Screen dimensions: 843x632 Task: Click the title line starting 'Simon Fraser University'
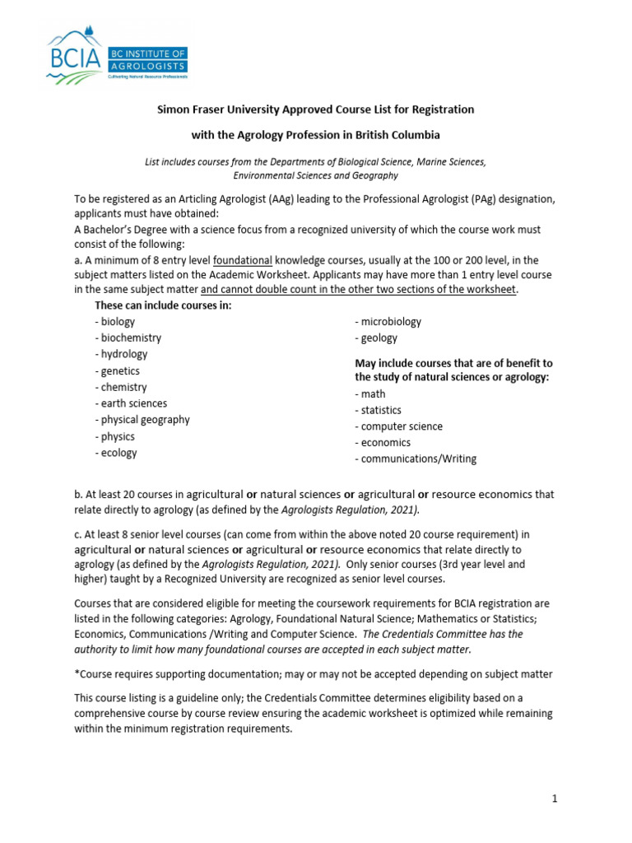315,109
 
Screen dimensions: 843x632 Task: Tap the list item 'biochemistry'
129,338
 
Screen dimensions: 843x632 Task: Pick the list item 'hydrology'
123,354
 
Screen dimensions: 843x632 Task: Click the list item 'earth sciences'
132,403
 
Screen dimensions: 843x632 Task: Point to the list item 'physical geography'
142,420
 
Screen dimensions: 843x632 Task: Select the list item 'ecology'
117,453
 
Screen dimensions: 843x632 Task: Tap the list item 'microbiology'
388,321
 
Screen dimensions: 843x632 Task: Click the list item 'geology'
376,338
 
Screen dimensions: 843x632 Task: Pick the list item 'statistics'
379,410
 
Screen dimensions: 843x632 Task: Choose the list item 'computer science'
399,426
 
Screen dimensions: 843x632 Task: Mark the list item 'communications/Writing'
416,459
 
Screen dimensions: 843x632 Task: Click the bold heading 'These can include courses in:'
164,305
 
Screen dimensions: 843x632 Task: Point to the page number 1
555,799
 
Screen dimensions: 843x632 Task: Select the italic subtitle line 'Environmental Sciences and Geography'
315,175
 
